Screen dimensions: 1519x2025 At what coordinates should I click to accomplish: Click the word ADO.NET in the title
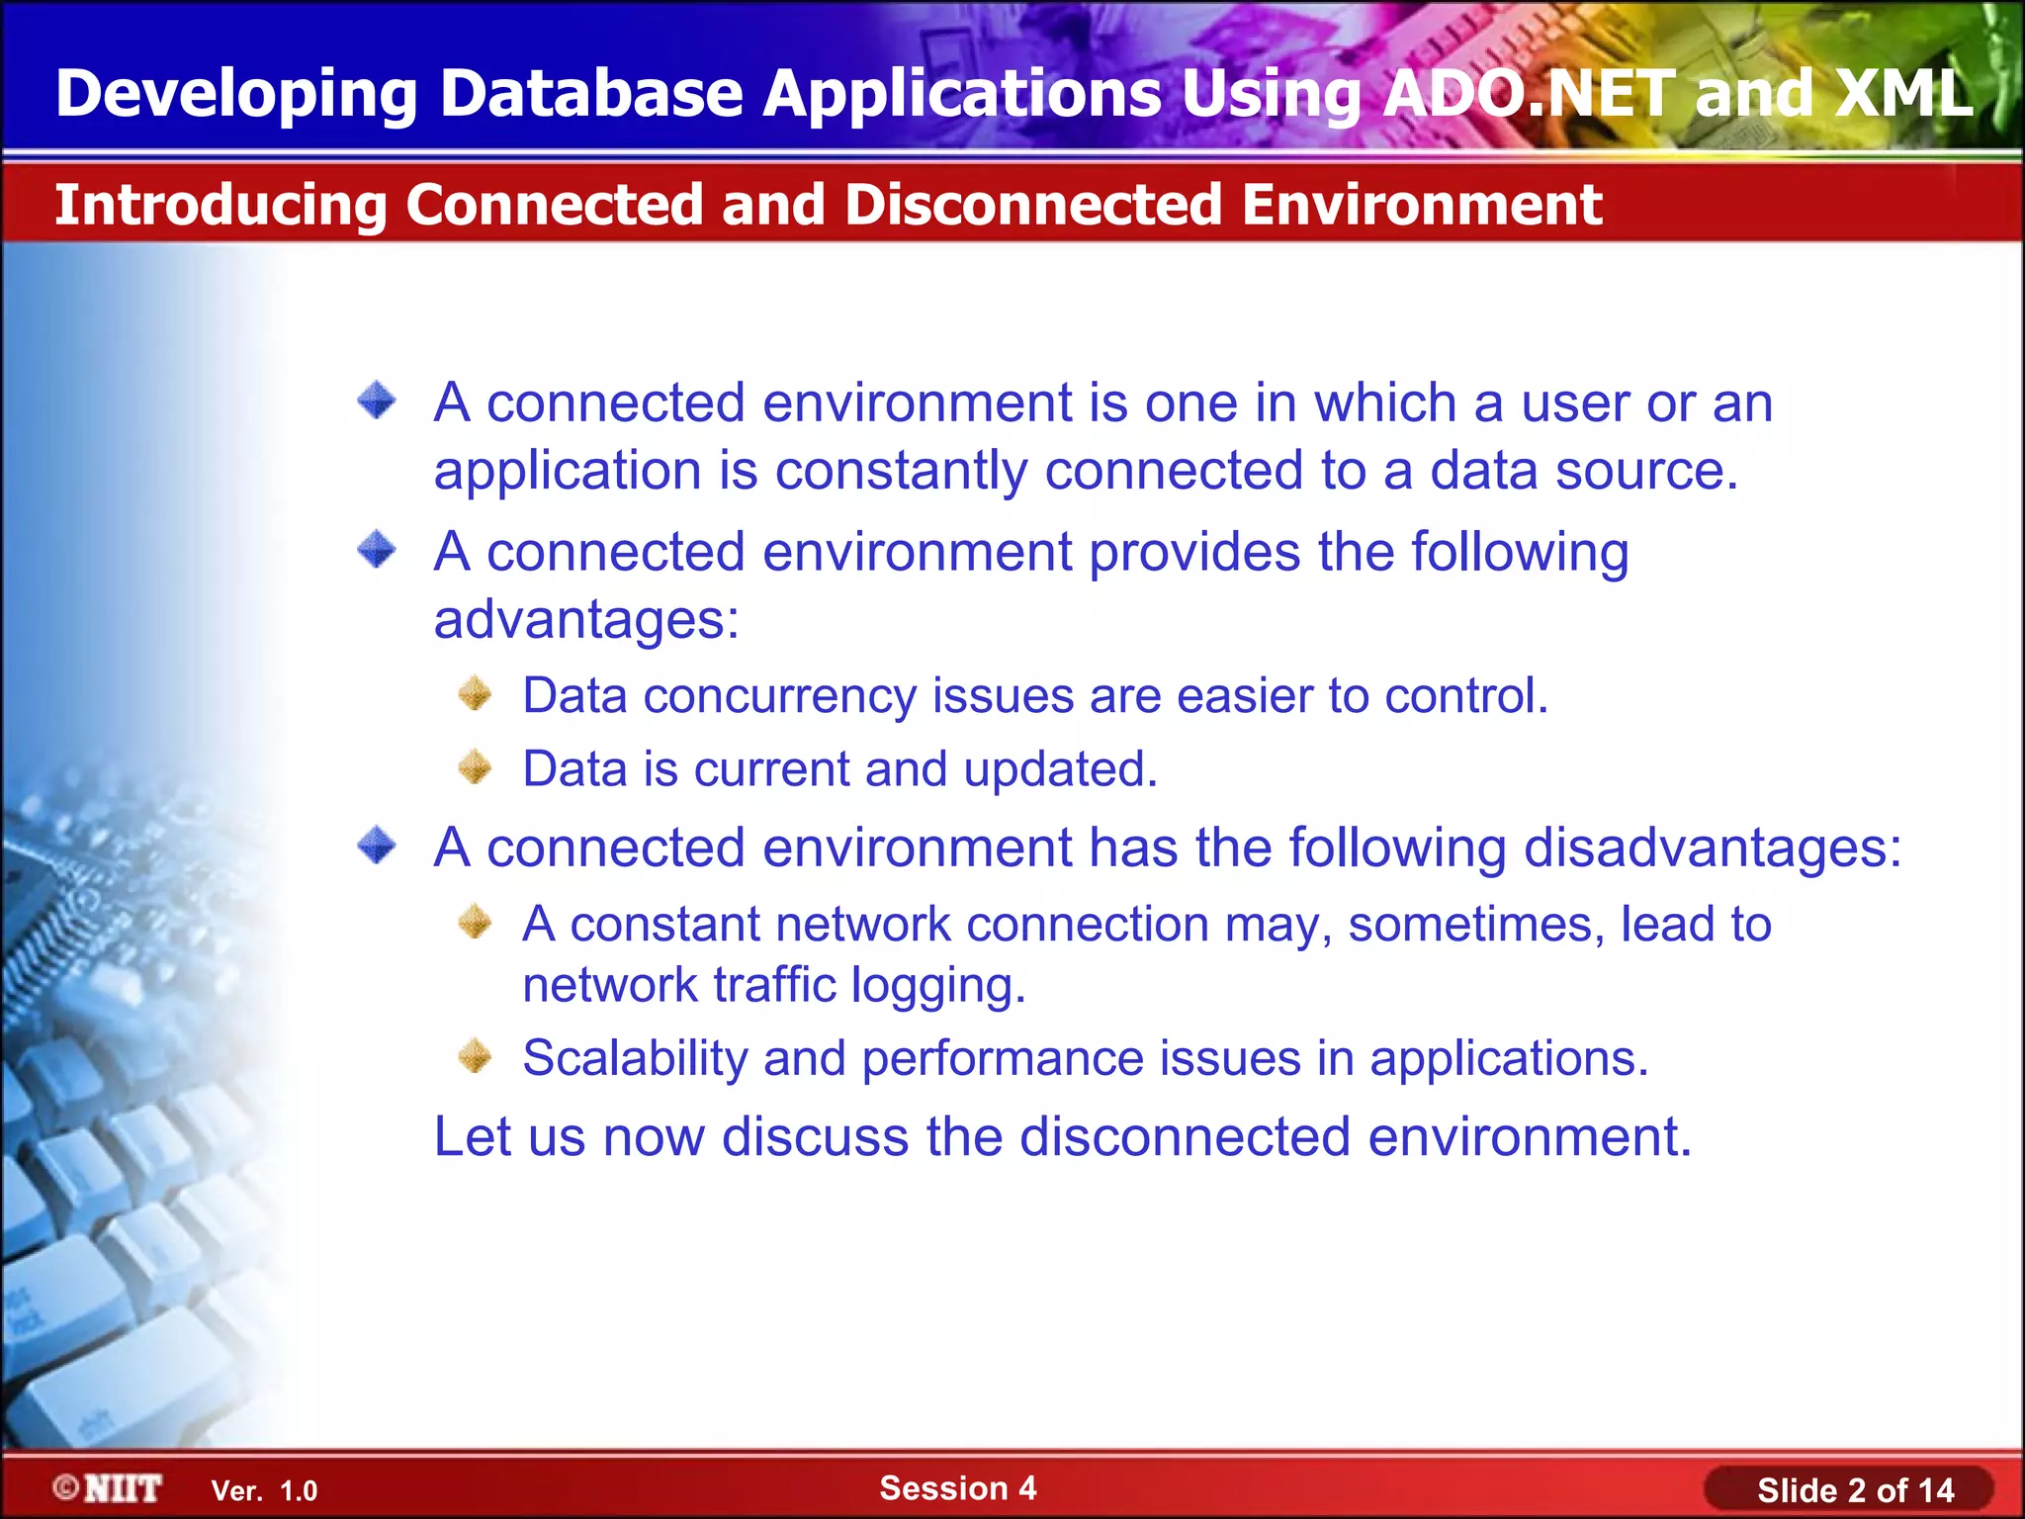[x=1528, y=94]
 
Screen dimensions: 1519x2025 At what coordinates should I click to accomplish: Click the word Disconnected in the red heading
[x=1033, y=205]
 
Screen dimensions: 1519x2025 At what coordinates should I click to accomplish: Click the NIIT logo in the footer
[x=108, y=1488]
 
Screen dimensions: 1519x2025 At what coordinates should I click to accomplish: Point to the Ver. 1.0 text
[x=264, y=1491]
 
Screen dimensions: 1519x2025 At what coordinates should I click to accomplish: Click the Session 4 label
[x=957, y=1487]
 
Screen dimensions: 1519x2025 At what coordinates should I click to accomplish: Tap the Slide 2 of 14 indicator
[x=1855, y=1490]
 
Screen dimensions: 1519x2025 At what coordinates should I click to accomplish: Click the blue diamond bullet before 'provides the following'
[x=377, y=549]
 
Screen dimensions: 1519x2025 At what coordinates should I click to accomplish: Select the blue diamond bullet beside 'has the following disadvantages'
[x=377, y=846]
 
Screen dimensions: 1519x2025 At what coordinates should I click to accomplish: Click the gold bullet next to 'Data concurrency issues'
[x=476, y=694]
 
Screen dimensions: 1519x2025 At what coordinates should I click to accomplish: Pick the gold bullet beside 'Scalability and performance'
[x=476, y=1056]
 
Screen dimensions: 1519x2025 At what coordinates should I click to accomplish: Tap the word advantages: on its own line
[x=586, y=620]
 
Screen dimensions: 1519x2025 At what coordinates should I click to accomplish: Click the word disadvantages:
[x=1712, y=848]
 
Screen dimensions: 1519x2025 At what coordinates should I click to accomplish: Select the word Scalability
[x=635, y=1058]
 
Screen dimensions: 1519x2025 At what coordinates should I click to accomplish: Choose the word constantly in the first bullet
[x=901, y=471]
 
